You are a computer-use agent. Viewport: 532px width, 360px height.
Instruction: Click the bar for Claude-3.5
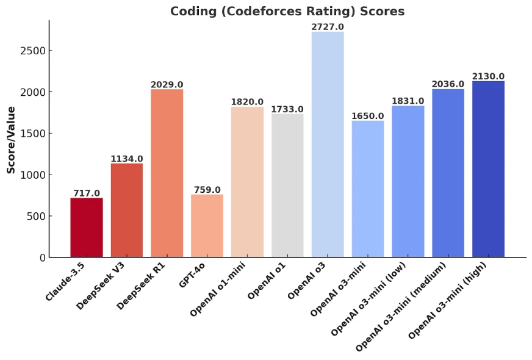click(x=87, y=227)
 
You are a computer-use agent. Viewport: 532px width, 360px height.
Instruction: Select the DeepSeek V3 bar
click(x=126, y=210)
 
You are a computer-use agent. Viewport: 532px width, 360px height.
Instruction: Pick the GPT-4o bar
click(x=207, y=226)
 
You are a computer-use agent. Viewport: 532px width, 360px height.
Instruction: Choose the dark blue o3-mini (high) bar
click(x=488, y=169)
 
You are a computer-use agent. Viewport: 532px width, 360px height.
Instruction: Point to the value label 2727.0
click(x=328, y=27)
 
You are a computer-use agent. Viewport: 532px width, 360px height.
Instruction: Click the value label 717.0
click(x=87, y=193)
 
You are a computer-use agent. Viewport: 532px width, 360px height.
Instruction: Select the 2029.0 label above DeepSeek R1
click(x=167, y=84)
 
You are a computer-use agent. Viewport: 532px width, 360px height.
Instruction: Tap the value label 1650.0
click(x=368, y=116)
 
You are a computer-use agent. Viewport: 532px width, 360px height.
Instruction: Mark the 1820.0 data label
click(x=247, y=102)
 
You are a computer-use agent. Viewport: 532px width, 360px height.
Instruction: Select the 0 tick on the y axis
click(x=43, y=257)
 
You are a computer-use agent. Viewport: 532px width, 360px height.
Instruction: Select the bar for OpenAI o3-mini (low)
click(x=408, y=181)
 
